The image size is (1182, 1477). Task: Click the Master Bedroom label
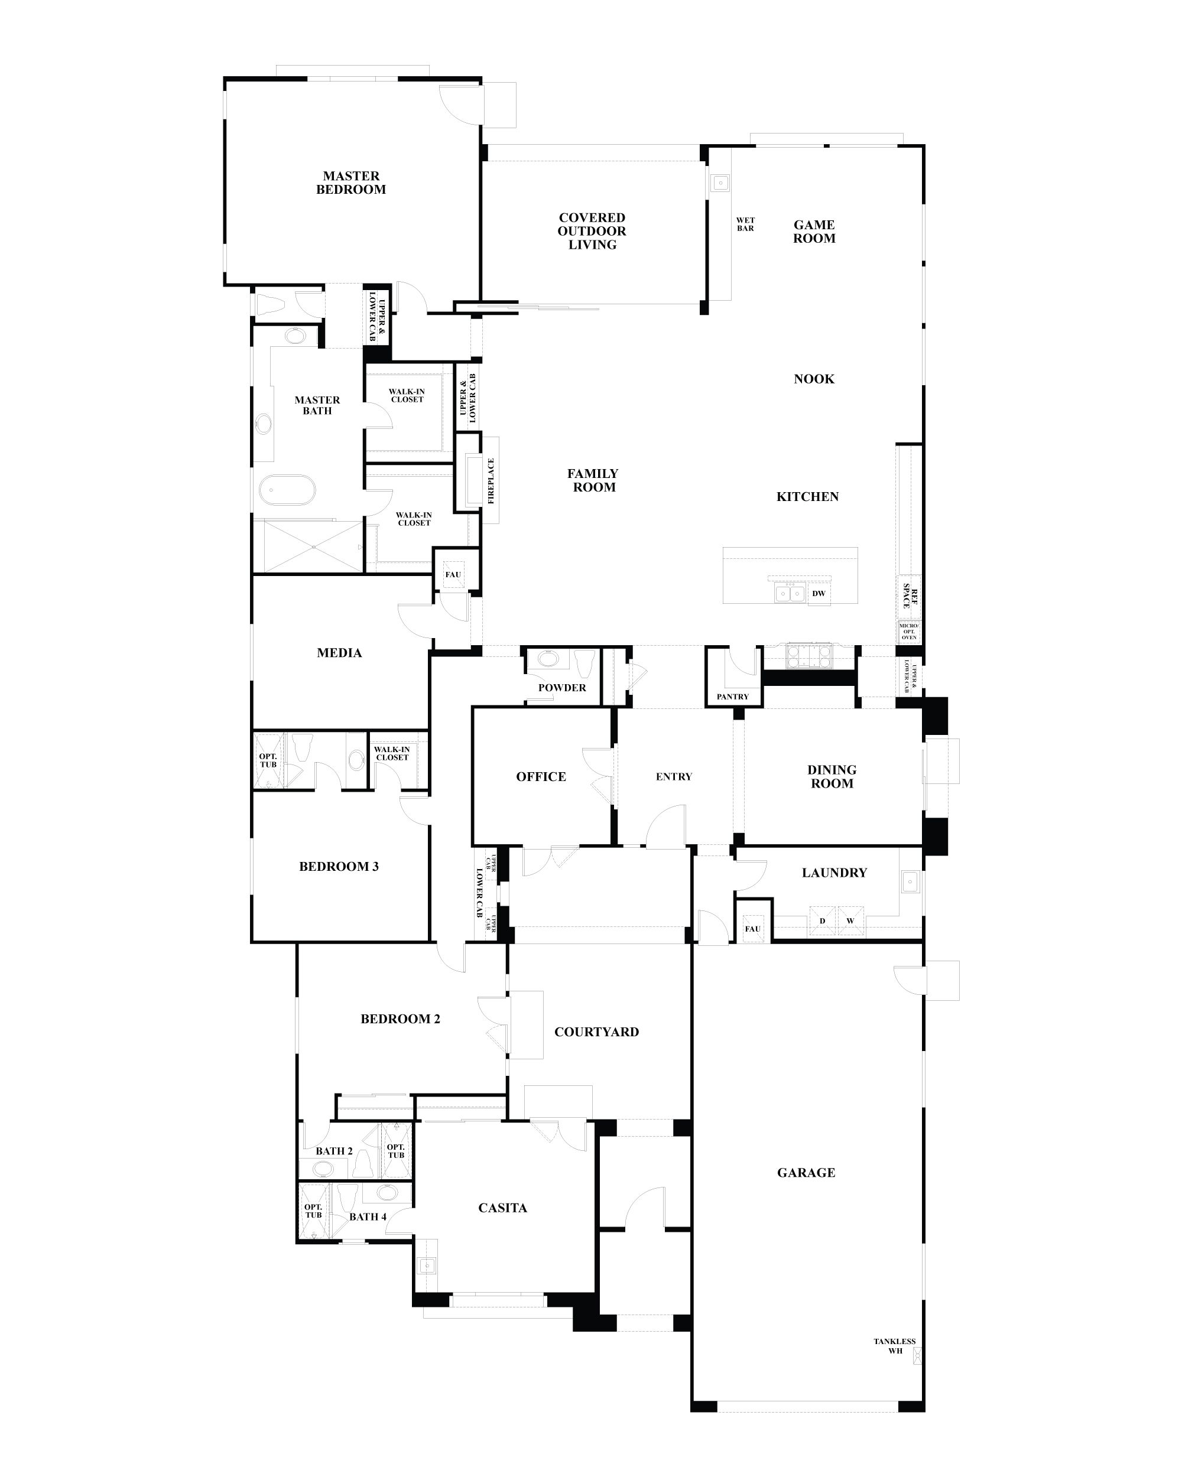tap(351, 183)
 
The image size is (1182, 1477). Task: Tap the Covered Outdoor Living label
tap(592, 231)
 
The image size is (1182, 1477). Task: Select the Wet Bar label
tap(745, 224)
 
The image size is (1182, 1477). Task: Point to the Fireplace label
tap(491, 481)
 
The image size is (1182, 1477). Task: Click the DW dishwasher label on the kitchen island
tap(819, 593)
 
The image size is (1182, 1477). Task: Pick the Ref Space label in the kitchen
tap(910, 596)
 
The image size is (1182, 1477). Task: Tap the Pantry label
tap(732, 697)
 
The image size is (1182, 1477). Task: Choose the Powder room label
tap(562, 688)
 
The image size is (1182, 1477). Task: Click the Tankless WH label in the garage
tap(894, 828)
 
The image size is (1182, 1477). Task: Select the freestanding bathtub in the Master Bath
tap(288, 491)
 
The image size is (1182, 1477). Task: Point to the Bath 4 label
tap(368, 1216)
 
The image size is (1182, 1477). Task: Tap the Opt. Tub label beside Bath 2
tap(396, 1151)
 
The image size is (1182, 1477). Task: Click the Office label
tap(541, 776)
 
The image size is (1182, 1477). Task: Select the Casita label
tap(502, 1208)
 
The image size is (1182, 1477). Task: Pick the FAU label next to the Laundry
tap(752, 929)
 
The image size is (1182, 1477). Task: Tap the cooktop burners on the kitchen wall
tap(809, 656)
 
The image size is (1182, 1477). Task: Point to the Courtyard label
tap(596, 1032)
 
